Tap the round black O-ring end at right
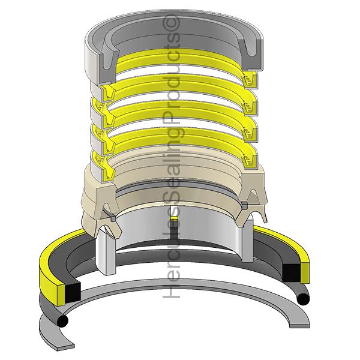coord(303,299)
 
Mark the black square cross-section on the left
coord(73,292)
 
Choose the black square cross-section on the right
coord(291,273)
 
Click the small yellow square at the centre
coord(175,218)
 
